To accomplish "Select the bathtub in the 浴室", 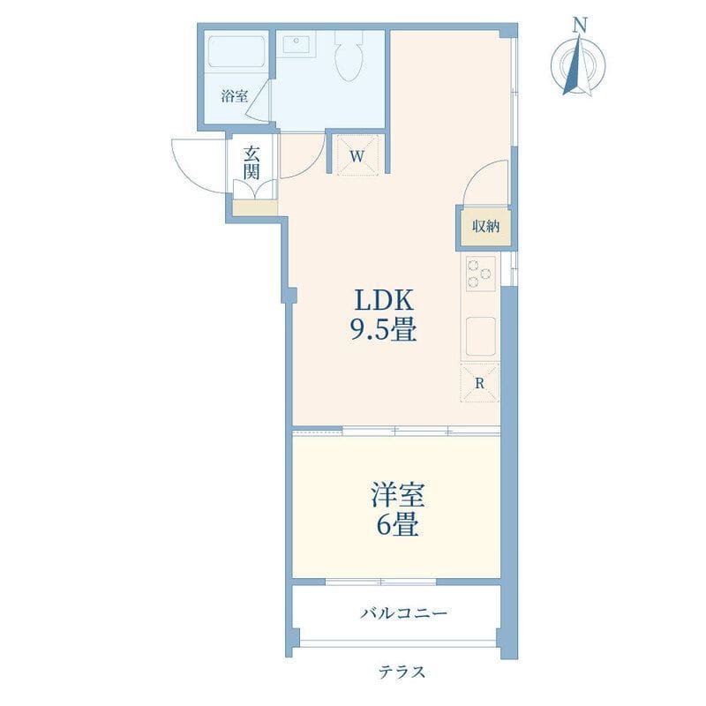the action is pyautogui.click(x=237, y=52).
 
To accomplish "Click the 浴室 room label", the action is pyautogui.click(x=234, y=96).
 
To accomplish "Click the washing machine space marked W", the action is pyautogui.click(x=357, y=154).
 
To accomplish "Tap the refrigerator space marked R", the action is pyautogui.click(x=480, y=383).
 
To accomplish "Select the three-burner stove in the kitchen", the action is pyautogui.click(x=480, y=274).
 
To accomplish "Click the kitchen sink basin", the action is pyautogui.click(x=480, y=336).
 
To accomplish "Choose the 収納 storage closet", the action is pyautogui.click(x=485, y=227).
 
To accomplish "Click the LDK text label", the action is pyautogui.click(x=384, y=301).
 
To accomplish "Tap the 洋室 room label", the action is pyautogui.click(x=398, y=495).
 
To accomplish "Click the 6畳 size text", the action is pyautogui.click(x=398, y=524).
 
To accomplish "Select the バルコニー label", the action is pyautogui.click(x=403, y=612).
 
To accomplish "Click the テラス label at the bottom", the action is pyautogui.click(x=402, y=672).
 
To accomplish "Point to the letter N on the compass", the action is pyautogui.click(x=580, y=26).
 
